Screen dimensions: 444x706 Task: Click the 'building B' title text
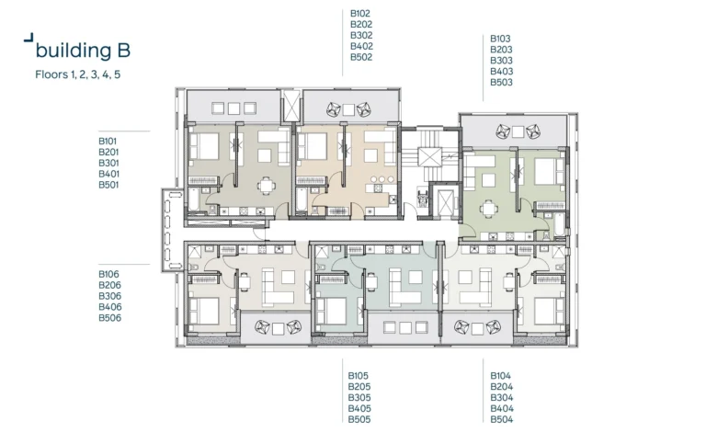[x=89, y=50]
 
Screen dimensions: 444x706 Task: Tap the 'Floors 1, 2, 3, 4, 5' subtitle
[x=78, y=74]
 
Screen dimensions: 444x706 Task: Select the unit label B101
[x=108, y=141]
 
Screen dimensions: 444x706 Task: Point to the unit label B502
[x=360, y=57]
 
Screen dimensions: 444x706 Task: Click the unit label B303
[x=501, y=61]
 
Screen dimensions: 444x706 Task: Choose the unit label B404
[x=501, y=408]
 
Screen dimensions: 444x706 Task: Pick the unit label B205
[x=359, y=386]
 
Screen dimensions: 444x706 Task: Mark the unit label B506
[x=109, y=318]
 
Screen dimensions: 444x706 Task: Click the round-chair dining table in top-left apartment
[x=267, y=184]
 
